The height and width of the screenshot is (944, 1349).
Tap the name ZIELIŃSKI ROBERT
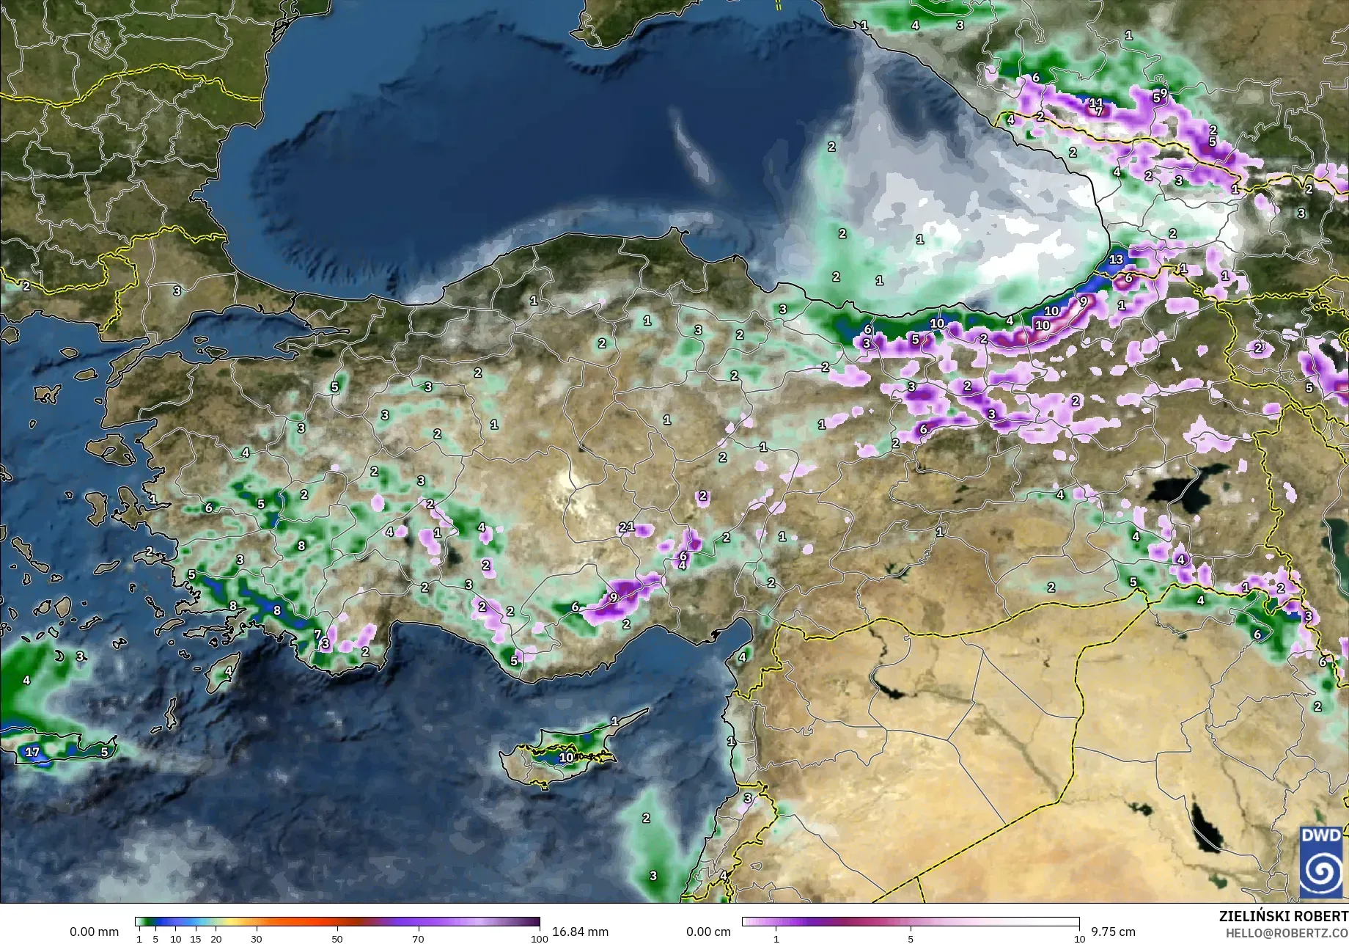coord(1283,916)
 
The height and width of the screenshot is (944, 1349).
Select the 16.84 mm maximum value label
coord(580,932)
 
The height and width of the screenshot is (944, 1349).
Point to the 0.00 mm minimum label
coord(94,932)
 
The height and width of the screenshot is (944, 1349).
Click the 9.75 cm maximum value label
coord(1113,932)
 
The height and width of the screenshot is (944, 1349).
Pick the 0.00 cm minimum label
coord(708,932)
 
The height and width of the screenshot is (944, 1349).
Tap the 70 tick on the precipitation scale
coord(418,938)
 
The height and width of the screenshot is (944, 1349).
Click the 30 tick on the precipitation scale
coord(256,938)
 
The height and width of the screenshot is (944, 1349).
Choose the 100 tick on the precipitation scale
coord(539,938)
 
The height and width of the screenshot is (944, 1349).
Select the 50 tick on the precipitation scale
coord(337,938)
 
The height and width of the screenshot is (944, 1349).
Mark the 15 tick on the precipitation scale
coord(196,938)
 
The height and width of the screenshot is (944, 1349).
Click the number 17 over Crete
coord(32,752)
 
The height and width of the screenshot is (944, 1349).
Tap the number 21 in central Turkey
coord(626,527)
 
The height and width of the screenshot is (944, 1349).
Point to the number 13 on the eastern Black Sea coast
coord(1116,259)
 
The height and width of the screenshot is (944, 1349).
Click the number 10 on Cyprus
coord(566,757)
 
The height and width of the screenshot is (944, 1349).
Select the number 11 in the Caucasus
coord(1095,103)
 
